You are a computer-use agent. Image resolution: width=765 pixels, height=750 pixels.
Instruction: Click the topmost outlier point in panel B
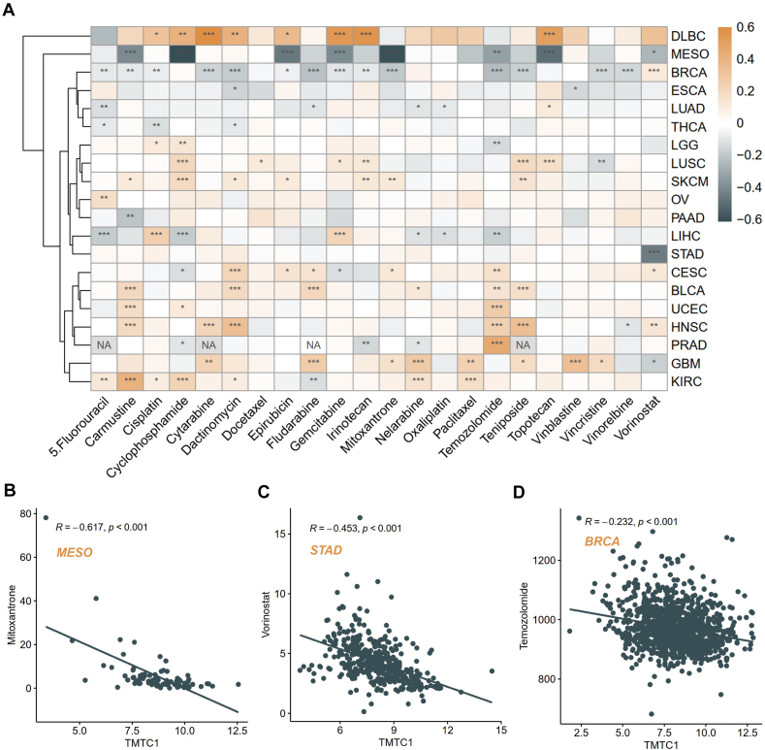point(46,517)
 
